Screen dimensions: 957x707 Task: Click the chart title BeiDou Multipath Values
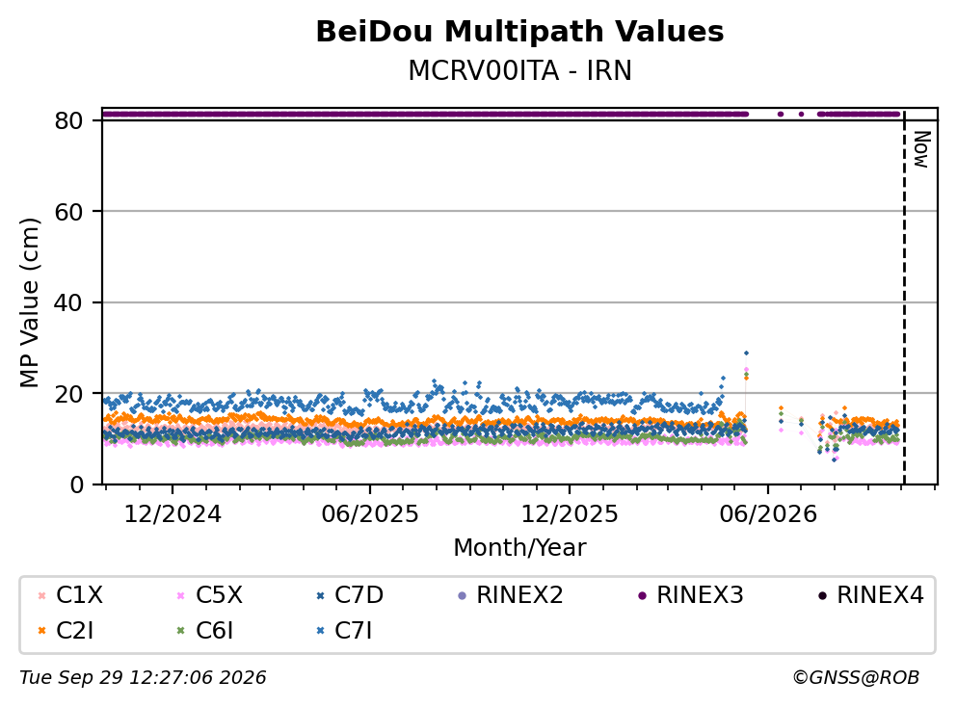519,32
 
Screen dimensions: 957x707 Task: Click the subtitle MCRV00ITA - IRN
519,70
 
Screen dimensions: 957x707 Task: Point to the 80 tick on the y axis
68,120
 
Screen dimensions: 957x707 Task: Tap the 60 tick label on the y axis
68,212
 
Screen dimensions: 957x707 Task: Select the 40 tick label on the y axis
68,302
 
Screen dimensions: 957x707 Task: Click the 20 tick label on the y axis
68,393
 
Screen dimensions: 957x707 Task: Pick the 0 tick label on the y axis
76,484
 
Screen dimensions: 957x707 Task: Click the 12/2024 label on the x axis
173,514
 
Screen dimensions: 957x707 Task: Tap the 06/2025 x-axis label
370,514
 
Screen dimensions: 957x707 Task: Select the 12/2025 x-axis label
570,514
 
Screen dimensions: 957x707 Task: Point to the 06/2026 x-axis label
768,514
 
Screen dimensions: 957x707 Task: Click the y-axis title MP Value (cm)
29,302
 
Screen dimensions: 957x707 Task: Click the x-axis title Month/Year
519,548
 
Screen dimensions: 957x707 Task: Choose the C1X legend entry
70,594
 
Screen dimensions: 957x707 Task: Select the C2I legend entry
66,631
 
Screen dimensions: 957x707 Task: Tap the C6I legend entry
204,631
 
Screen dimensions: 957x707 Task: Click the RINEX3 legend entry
690,594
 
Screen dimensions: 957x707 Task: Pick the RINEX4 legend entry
871,594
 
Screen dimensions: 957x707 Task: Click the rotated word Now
921,149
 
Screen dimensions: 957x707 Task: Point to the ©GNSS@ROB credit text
856,678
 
